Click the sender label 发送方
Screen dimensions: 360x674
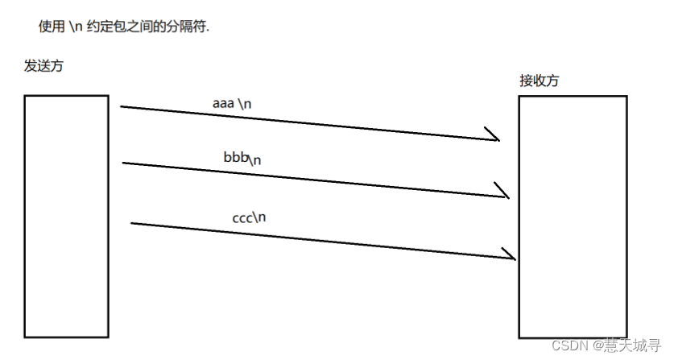(x=43, y=66)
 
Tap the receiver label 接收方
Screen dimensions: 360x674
(x=540, y=81)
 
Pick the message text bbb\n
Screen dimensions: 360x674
(x=242, y=158)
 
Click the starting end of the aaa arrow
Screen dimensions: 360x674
(x=122, y=106)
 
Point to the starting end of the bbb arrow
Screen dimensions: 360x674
(x=124, y=163)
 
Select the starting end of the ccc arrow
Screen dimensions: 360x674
(x=132, y=223)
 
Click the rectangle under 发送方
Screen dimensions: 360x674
(x=66, y=215)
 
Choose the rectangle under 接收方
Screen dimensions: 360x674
(x=573, y=216)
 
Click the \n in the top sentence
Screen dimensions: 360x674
(x=76, y=27)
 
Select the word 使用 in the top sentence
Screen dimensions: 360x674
(x=52, y=27)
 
